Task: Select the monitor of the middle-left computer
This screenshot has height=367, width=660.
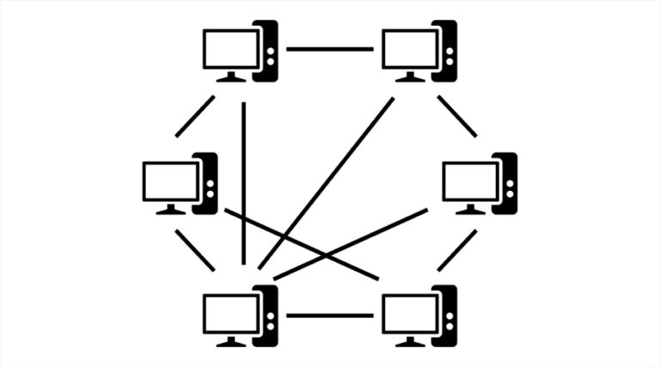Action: coord(170,180)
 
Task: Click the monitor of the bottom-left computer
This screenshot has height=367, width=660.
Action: coord(229,312)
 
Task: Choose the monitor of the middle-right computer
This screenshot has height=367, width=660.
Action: coord(469,180)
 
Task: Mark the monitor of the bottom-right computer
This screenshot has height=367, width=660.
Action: coord(409,312)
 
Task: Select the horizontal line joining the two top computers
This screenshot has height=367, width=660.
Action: coord(329,49)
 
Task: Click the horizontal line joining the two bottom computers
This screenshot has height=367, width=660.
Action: coord(329,315)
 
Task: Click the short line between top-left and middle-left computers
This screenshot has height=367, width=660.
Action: coord(195,116)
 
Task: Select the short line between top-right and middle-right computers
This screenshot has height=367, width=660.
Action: coord(456,116)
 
